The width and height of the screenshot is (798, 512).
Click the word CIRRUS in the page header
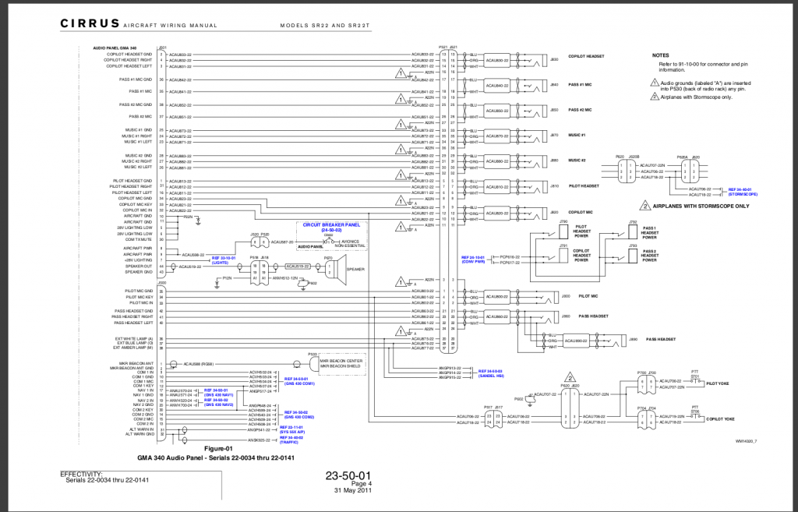[x=90, y=25]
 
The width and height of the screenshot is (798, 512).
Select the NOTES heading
[x=661, y=55]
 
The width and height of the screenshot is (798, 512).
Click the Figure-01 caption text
[x=217, y=449]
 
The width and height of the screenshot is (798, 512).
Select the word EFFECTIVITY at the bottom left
[x=81, y=473]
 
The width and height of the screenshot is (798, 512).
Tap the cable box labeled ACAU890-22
[x=576, y=341]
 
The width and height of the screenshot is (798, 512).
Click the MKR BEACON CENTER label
[x=345, y=360]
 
